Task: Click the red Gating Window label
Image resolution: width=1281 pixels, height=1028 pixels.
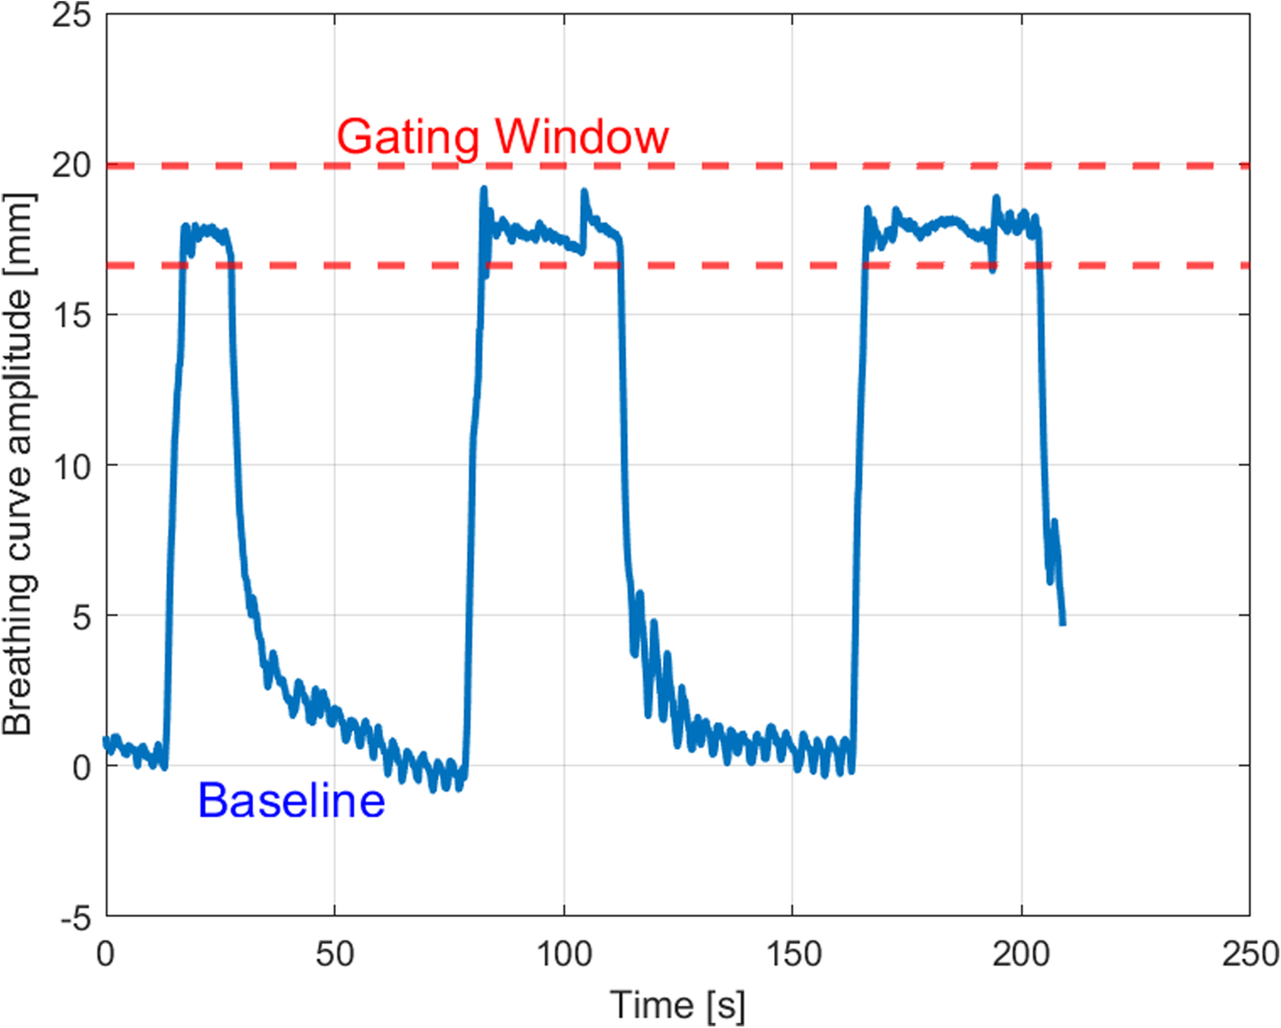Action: tap(502, 138)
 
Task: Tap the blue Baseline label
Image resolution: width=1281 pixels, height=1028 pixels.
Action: tap(291, 800)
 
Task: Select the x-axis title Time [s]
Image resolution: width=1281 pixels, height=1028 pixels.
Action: tap(678, 1005)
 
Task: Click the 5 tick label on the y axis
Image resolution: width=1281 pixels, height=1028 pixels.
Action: tap(81, 617)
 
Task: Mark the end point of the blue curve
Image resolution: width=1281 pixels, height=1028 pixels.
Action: tap(1062, 622)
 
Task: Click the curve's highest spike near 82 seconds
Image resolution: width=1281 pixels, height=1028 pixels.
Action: tap(483, 189)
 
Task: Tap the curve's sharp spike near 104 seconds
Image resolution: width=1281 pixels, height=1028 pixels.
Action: tap(584, 192)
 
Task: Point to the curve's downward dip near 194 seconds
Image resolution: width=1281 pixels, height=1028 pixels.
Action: tap(992, 269)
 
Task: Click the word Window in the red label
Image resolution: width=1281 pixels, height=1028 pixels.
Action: tap(582, 137)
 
